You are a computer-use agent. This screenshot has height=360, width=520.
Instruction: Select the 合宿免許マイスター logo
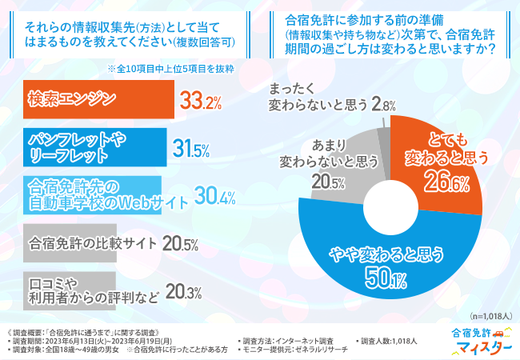479,341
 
